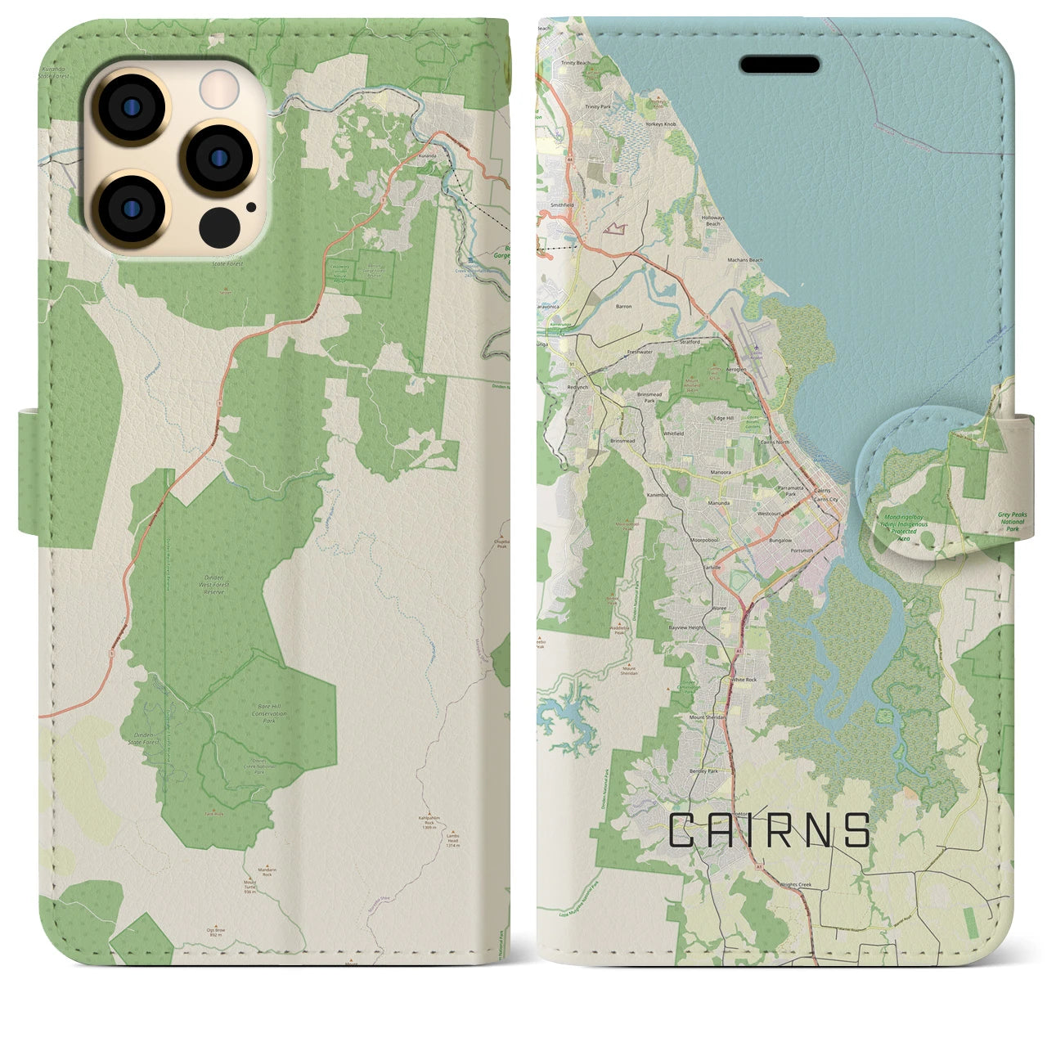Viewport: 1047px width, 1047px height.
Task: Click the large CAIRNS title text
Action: tap(770, 831)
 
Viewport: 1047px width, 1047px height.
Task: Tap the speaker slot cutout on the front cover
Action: tap(780, 65)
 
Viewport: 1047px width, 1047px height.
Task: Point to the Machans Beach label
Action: tap(744, 260)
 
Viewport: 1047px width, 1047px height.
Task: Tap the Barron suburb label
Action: tap(623, 306)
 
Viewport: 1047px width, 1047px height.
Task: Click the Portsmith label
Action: tap(802, 550)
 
